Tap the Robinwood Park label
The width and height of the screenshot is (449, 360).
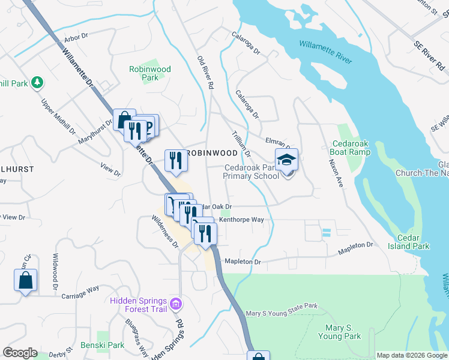tap(150, 73)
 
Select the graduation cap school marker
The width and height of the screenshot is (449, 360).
tap(287, 161)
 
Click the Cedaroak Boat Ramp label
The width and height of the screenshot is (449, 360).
tap(350, 148)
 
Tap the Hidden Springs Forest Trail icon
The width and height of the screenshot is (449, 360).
tap(175, 304)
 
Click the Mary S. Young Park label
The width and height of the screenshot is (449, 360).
tap(343, 332)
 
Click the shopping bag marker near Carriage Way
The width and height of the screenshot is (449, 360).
tap(25, 280)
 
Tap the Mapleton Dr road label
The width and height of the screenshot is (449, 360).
tap(243, 262)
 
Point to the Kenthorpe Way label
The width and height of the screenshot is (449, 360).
tap(241, 220)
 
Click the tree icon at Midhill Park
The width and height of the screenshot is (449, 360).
tap(37, 82)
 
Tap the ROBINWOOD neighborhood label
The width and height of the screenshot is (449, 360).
tap(211, 154)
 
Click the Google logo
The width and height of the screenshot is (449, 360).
tap(20, 353)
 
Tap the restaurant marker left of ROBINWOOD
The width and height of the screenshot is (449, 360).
tap(175, 160)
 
